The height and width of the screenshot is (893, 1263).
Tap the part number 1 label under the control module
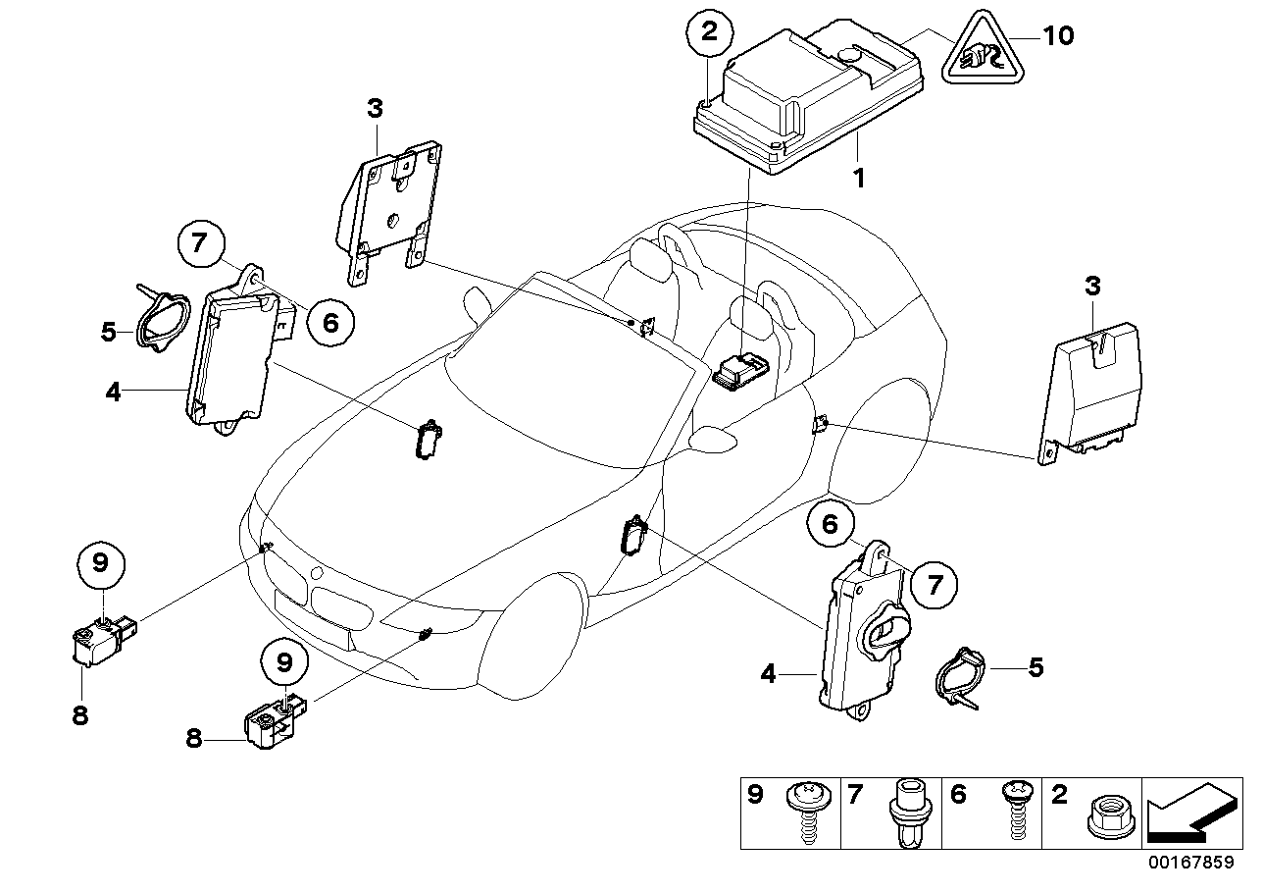coord(858,181)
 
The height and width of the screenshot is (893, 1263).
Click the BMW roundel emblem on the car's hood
coord(316,572)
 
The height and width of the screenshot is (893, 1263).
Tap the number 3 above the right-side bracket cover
coord(1092,288)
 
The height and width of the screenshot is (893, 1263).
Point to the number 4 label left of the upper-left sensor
coord(114,392)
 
